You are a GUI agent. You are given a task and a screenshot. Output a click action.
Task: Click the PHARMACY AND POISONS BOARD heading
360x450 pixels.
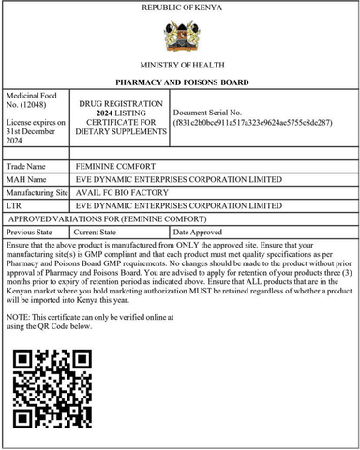[181, 83]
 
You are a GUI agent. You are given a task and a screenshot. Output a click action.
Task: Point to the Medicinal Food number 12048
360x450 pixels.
[35, 107]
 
